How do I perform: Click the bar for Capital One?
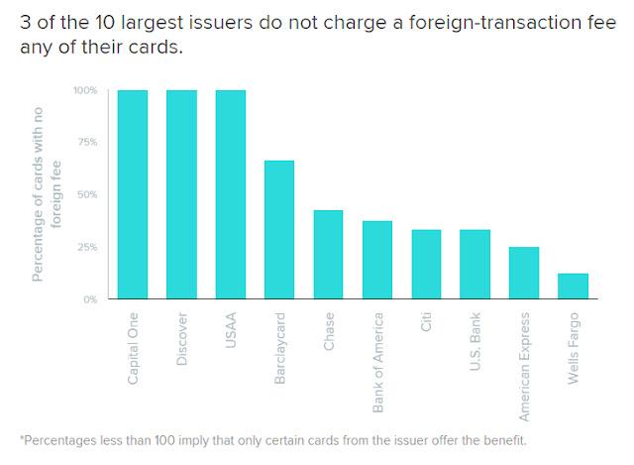pyautogui.click(x=133, y=194)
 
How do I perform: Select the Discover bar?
pyautogui.click(x=181, y=194)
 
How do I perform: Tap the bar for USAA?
pyautogui.click(x=231, y=194)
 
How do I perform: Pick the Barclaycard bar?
pyautogui.click(x=279, y=229)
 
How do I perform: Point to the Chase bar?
pyautogui.click(x=328, y=254)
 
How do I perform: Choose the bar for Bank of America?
pyautogui.click(x=377, y=260)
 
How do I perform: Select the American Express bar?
pyautogui.click(x=524, y=273)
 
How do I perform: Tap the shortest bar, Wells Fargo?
pyautogui.click(x=573, y=286)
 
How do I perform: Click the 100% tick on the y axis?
pyautogui.click(x=84, y=90)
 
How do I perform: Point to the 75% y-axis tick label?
pyautogui.click(x=87, y=142)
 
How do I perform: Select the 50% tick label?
pyautogui.click(x=87, y=194)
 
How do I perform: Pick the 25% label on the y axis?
pyautogui.click(x=87, y=247)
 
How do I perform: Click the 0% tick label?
pyautogui.click(x=90, y=298)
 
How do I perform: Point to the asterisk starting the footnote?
pyautogui.click(x=22, y=438)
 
